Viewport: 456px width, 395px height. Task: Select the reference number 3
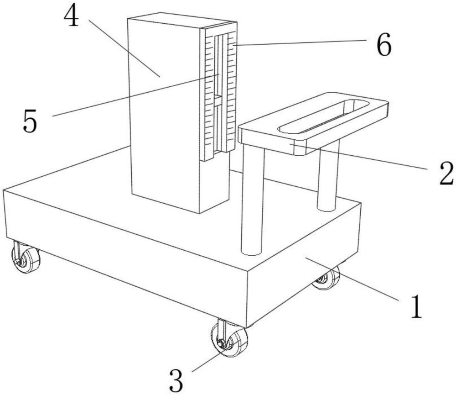[176, 380]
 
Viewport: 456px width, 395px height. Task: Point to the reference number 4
[72, 17]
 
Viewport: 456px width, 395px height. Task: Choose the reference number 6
[384, 46]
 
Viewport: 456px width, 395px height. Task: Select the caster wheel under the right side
[327, 278]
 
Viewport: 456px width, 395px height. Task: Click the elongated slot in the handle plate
[324, 117]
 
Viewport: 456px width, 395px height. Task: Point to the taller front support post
[253, 201]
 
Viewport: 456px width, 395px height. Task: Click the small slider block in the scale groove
[218, 101]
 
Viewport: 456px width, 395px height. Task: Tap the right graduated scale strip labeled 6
[231, 91]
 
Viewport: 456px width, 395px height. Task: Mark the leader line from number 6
[301, 42]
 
